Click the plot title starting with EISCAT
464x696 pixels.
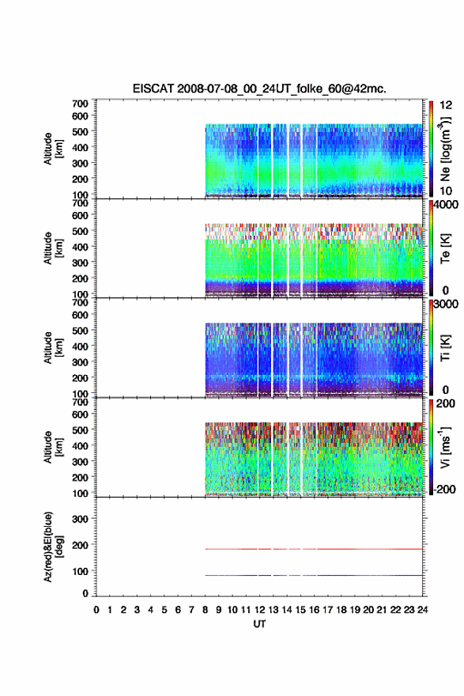coord(259,89)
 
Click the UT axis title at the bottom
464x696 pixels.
coord(259,624)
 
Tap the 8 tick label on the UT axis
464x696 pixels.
coord(205,610)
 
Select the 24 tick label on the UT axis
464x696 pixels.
coord(422,610)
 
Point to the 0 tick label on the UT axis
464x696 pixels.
coord(96,610)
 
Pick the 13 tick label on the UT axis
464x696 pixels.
coord(273,610)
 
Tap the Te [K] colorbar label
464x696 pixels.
coord(445,248)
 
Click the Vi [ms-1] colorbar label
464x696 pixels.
coord(445,447)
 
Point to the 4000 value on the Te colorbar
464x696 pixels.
coord(447,205)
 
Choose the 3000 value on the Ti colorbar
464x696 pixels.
coord(447,304)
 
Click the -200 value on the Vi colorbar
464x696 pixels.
coord(444,489)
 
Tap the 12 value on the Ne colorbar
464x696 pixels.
coord(446,105)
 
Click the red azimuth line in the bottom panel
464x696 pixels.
coord(314,549)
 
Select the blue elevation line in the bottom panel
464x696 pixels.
coord(314,575)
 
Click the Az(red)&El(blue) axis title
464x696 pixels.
coord(54,547)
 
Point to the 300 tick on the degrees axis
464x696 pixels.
coord(80,519)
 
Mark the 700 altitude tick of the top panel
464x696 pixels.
coord(80,104)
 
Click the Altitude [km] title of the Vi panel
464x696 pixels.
coord(54,447)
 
